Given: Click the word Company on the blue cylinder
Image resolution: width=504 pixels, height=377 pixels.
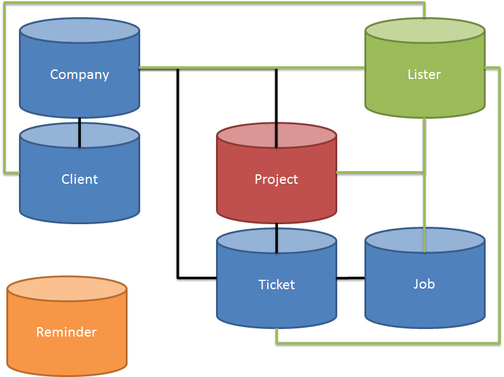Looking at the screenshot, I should click(80, 75).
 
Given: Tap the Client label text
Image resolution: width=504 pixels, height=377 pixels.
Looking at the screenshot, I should click(80, 179).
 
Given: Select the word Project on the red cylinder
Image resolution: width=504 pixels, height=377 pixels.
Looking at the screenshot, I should click(276, 179).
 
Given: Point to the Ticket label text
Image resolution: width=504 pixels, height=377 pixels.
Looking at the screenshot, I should click(277, 285).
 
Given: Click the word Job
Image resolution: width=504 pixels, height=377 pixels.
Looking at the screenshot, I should click(424, 284).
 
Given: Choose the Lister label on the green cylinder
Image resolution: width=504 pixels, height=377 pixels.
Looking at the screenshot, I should click(424, 75).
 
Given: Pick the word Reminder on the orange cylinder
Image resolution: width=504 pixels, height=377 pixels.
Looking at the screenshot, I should click(66, 332).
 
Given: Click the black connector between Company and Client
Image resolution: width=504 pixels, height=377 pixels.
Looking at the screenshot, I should click(80, 132).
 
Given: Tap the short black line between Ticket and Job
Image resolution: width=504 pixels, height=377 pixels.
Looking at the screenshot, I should click(351, 278).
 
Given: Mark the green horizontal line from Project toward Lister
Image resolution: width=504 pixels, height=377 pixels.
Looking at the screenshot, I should click(379, 172).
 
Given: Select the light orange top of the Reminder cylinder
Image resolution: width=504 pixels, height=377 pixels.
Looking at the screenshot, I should click(66, 290).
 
